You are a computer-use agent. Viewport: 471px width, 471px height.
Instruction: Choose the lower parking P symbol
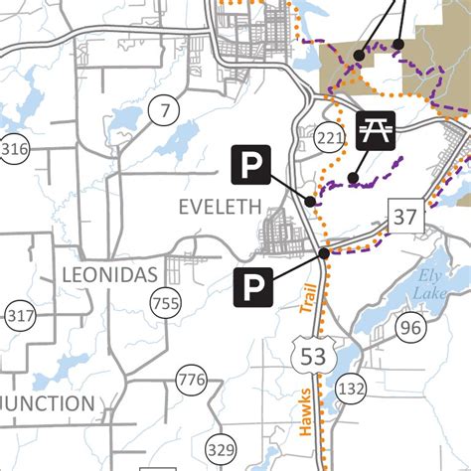pyautogui.click(x=252, y=288)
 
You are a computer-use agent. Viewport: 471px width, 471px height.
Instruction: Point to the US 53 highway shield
pyautogui.click(x=311, y=353)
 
